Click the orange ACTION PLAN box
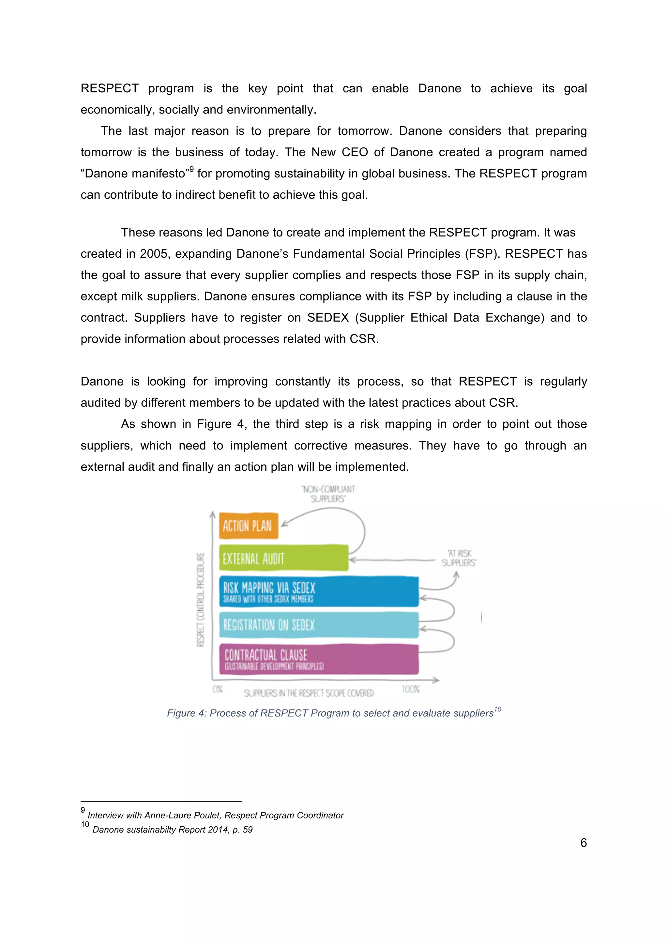[248, 526]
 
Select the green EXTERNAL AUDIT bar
[283, 558]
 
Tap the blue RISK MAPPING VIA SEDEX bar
[319, 591]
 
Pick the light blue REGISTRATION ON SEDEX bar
[319, 625]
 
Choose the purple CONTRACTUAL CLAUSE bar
[319, 659]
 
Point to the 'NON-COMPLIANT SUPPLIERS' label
[328, 494]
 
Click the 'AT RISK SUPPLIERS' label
[459, 558]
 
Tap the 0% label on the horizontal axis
[217, 689]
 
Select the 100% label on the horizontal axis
[410, 689]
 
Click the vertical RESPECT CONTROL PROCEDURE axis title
[201, 599]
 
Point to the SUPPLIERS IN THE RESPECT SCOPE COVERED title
[309, 694]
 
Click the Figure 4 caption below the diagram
[333, 713]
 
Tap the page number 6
[583, 843]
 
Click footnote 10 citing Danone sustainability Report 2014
[172, 829]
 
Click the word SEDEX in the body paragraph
[327, 318]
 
